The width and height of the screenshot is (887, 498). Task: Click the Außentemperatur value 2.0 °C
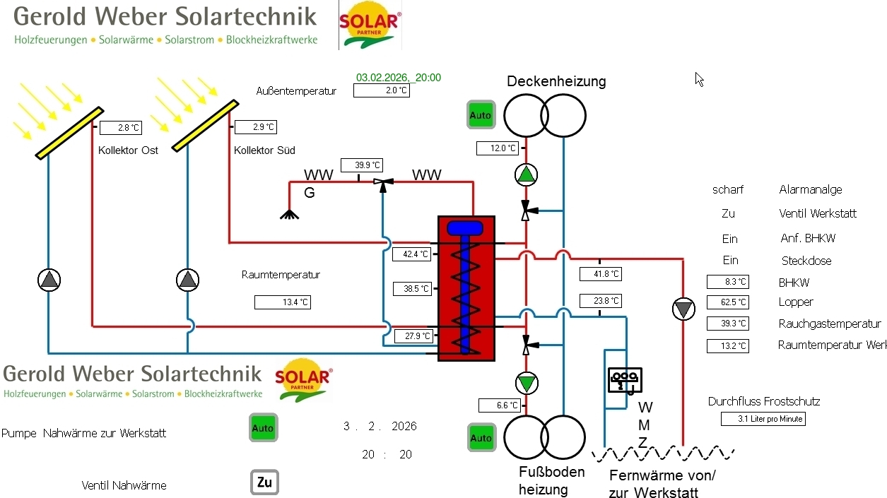point(381,90)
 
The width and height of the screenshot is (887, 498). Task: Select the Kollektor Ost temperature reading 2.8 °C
point(121,128)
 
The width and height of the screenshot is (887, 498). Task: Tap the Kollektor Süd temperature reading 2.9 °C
point(255,127)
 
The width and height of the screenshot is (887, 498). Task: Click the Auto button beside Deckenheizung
point(481,115)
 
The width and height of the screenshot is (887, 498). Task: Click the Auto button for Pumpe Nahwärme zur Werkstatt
point(262,428)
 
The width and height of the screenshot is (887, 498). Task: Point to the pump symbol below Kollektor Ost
point(49,280)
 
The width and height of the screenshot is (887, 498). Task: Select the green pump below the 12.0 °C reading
point(525,174)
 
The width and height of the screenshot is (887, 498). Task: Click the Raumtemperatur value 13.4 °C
point(283,302)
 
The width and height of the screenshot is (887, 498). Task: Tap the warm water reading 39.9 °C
point(361,165)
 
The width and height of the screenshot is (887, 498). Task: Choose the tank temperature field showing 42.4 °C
point(411,254)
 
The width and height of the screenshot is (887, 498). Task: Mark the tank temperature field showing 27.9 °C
point(413,336)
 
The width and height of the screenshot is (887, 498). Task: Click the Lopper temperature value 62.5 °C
point(727,302)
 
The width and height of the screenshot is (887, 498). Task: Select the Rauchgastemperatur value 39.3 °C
point(727,324)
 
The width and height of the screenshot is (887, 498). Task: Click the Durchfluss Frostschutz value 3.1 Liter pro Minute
point(763,419)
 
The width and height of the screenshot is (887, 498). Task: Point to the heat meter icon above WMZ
point(625,379)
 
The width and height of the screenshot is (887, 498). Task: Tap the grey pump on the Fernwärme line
point(683,309)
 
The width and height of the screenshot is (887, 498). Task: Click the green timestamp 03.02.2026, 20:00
point(399,78)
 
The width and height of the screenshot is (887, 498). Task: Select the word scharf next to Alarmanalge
point(728,190)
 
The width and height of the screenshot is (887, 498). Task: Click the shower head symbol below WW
point(289,214)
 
